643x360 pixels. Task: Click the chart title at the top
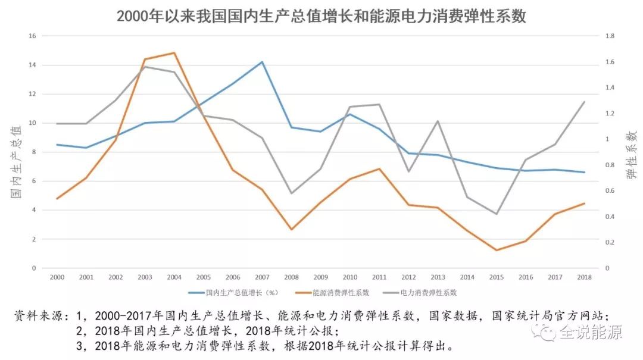[x=321, y=16]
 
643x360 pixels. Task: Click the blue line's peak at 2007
[x=261, y=62]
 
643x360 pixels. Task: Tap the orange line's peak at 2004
[x=173, y=53]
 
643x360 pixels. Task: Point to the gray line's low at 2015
[x=497, y=214]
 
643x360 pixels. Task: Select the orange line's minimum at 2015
[x=497, y=250]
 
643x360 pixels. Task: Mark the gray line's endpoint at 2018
[x=585, y=102]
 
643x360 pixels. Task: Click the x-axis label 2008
[x=291, y=277]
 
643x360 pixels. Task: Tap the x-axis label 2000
[x=57, y=277]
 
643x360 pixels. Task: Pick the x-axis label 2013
[x=438, y=277]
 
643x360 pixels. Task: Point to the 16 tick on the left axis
[x=32, y=36]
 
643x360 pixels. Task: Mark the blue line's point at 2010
[x=349, y=114]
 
